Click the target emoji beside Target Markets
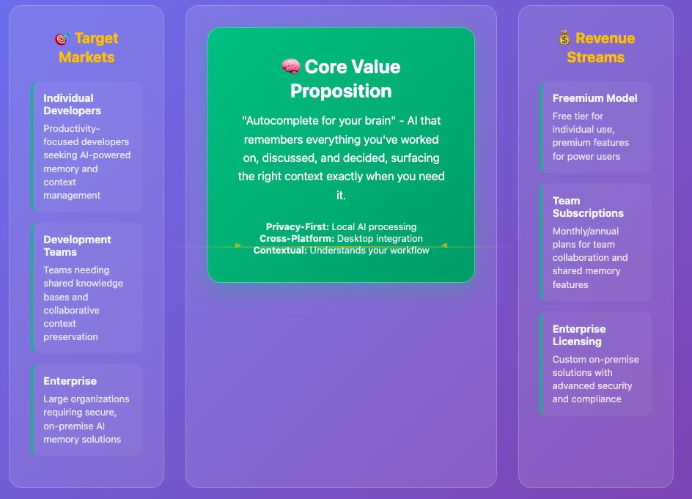62,39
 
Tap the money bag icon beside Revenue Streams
564,38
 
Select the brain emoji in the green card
291,67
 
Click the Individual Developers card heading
72,104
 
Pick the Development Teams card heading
77,245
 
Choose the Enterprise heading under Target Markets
70,381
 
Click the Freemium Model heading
595,98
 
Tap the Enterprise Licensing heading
579,335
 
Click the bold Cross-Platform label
297,238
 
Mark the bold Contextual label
280,250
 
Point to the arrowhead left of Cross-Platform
238,245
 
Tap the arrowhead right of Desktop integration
444,245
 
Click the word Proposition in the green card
341,91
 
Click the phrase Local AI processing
374,227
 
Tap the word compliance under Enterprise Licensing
598,399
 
